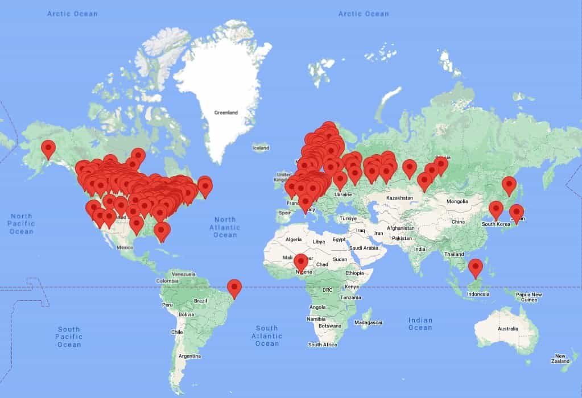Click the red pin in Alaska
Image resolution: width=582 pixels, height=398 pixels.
(48, 148)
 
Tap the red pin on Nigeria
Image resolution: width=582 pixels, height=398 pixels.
(301, 262)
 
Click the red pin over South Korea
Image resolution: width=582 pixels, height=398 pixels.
(496, 209)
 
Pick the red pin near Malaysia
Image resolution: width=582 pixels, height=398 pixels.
(475, 267)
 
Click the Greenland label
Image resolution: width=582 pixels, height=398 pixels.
(226, 113)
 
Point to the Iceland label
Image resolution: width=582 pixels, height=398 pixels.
(261, 148)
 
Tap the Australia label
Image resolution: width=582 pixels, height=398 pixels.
(508, 329)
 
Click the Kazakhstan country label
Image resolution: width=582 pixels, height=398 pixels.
(398, 197)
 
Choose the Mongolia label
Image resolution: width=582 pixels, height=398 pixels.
(457, 201)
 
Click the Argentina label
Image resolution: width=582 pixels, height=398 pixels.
(189, 356)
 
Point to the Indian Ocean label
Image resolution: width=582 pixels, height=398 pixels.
(420, 324)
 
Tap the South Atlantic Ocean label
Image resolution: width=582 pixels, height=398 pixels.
(267, 335)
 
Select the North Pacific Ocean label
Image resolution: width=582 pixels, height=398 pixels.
(22, 223)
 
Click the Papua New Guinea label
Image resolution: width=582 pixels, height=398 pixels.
(529, 297)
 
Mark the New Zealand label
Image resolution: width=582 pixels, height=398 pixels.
(561, 358)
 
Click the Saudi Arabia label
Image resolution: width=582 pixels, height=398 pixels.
(364, 248)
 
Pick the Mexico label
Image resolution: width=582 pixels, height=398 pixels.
(125, 247)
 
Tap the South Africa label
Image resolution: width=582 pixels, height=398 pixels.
(323, 345)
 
